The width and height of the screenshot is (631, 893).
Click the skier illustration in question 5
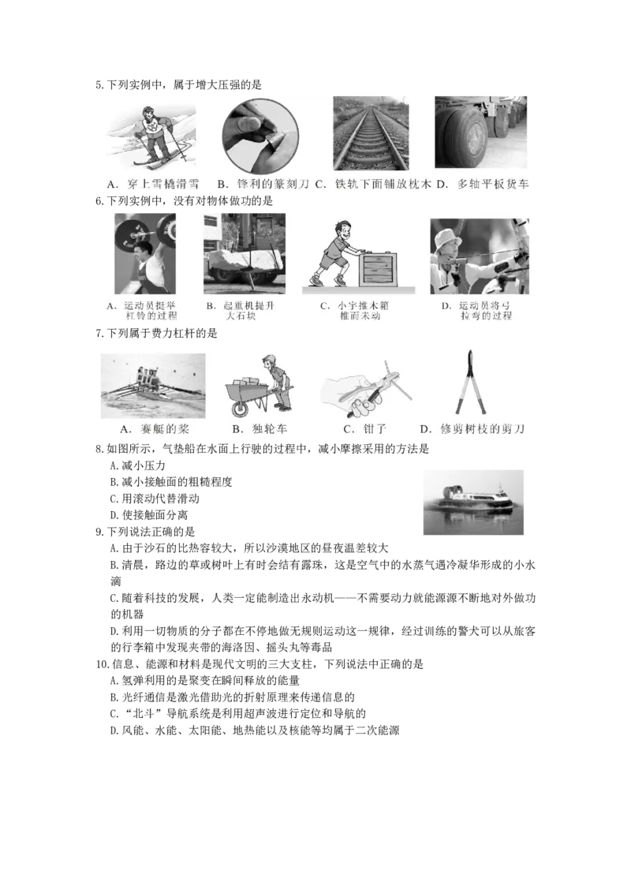pos(151,137)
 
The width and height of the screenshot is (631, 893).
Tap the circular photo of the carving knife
pos(260,135)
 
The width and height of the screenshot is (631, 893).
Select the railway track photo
pos(371,133)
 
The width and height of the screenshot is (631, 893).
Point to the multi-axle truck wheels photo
pos(480,132)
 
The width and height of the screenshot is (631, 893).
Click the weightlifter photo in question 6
pos(145,253)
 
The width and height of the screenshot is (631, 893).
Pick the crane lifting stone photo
pos(245,254)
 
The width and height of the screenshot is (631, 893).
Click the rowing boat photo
pos(153,386)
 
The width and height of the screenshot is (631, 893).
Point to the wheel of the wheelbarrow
pos(240,408)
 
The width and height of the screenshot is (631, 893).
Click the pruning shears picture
pos(472,382)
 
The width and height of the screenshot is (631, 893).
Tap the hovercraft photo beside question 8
pos(473,503)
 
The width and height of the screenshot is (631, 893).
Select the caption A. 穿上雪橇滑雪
pos(153,184)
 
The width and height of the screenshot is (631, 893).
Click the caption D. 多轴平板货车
pos(483,184)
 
